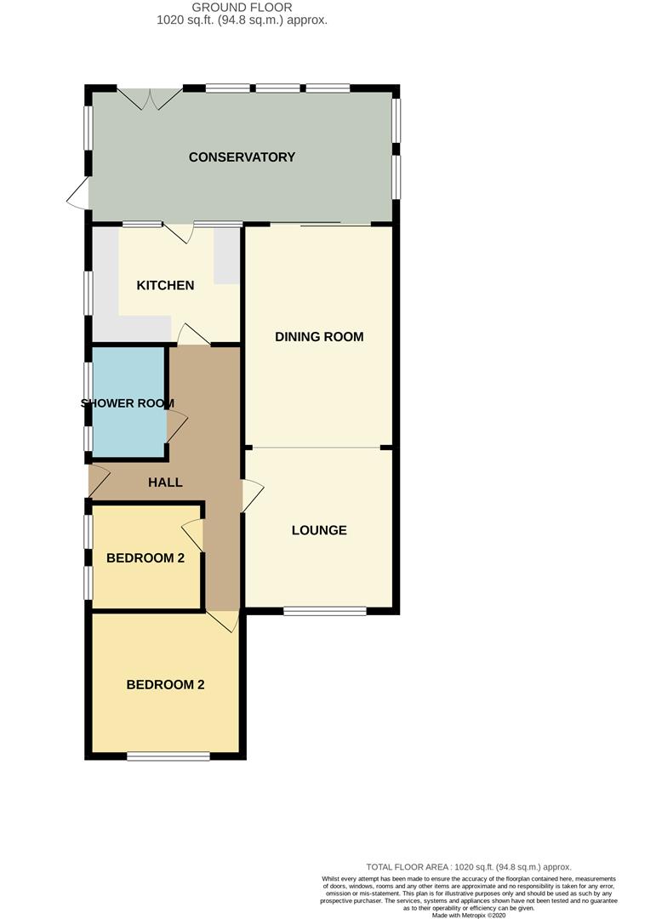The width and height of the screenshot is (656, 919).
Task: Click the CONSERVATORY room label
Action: click(x=242, y=157)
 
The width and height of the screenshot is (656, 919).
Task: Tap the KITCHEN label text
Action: click(x=165, y=286)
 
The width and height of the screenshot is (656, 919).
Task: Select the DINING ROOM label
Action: click(x=319, y=337)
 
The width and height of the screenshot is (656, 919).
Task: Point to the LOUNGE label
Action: click(x=319, y=531)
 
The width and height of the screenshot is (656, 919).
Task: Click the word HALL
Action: click(x=165, y=482)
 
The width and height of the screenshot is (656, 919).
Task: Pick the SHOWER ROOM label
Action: click(x=128, y=403)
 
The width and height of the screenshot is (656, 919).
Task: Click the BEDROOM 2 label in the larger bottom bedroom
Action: click(x=165, y=685)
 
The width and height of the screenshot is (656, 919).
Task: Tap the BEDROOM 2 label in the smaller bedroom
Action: click(x=145, y=559)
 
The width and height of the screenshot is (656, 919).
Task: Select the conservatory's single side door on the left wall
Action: click(x=78, y=195)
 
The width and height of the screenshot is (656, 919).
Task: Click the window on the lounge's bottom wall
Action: click(x=325, y=610)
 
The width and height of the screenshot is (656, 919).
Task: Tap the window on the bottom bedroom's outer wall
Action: click(x=168, y=756)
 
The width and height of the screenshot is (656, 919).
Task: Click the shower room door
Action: click(x=176, y=425)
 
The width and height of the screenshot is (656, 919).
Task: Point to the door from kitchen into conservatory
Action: click(x=180, y=232)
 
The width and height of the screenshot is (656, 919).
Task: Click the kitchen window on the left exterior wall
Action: click(x=88, y=294)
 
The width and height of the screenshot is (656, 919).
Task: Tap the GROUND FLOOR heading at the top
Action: click(x=242, y=8)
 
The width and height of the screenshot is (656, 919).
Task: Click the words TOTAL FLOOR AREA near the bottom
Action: click(x=408, y=866)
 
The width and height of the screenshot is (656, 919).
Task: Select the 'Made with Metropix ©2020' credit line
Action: click(x=468, y=916)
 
